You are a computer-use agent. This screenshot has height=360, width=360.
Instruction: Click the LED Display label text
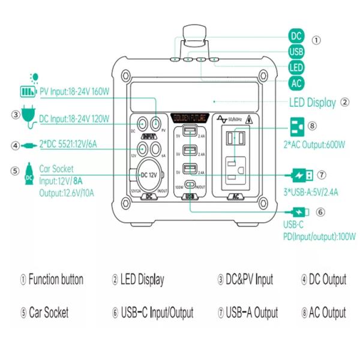tap(313, 103)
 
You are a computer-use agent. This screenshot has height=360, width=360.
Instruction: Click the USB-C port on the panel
tap(190, 185)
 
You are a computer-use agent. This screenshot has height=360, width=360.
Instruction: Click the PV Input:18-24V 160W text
tap(74, 92)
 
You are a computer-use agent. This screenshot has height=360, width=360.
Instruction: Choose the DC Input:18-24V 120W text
tap(74, 119)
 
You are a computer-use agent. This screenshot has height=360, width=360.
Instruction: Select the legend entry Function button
tap(52, 280)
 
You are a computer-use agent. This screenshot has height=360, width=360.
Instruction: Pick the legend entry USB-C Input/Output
tap(152, 312)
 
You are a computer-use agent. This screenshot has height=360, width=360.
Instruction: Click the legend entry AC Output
tap(323, 312)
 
